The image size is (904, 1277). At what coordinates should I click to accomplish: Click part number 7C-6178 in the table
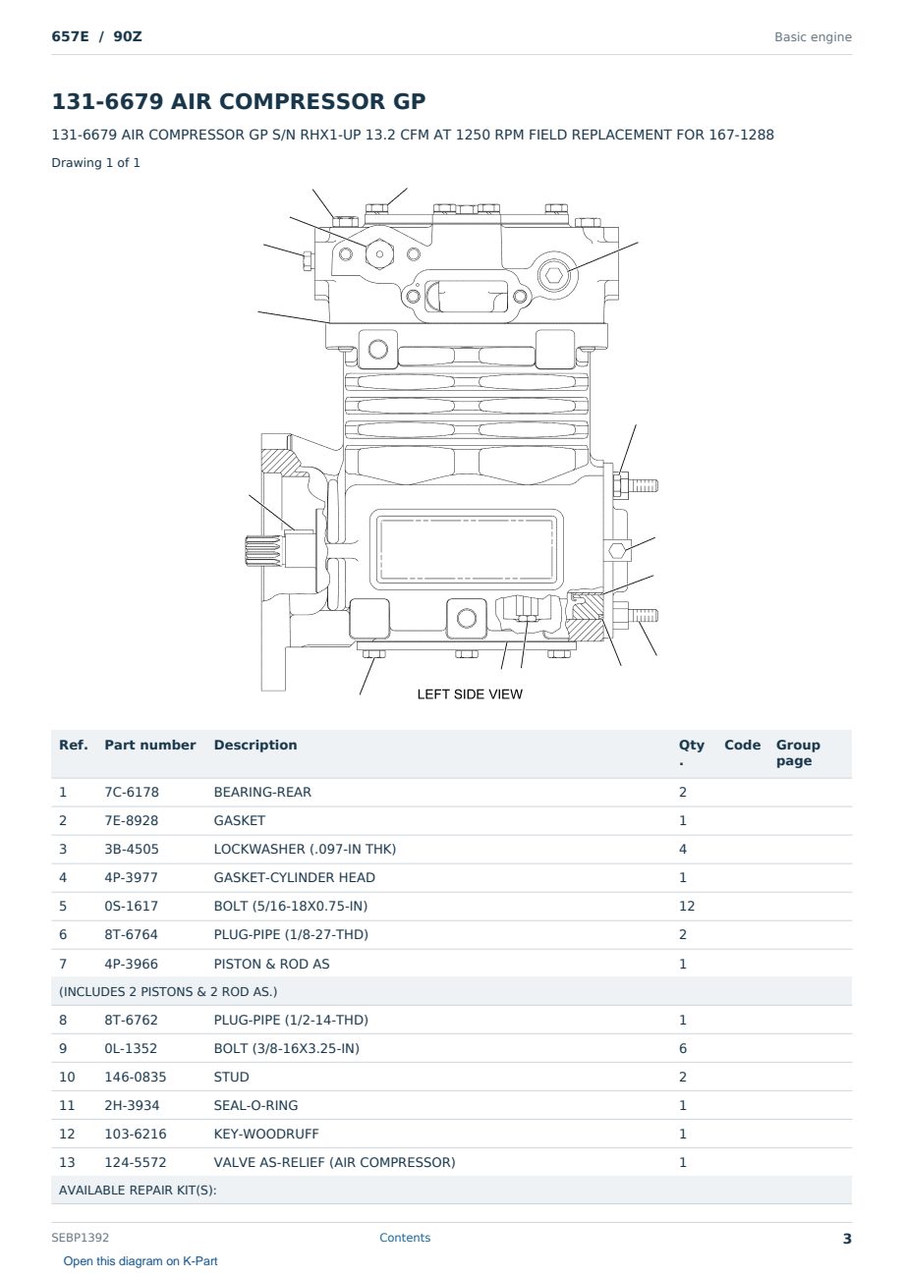132,792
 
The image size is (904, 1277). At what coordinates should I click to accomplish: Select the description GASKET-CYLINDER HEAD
295,877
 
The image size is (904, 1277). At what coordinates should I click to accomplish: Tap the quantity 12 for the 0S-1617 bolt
687,906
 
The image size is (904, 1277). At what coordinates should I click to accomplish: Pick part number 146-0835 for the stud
136,1077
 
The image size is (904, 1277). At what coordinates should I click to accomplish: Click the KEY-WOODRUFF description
265,1134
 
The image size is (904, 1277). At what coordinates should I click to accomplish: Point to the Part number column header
150,746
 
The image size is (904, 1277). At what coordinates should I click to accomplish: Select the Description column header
255,746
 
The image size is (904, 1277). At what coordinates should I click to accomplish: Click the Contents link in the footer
405,1238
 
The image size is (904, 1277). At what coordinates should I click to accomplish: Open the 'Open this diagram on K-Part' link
141,1261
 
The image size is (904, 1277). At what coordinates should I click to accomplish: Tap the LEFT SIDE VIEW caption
470,694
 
